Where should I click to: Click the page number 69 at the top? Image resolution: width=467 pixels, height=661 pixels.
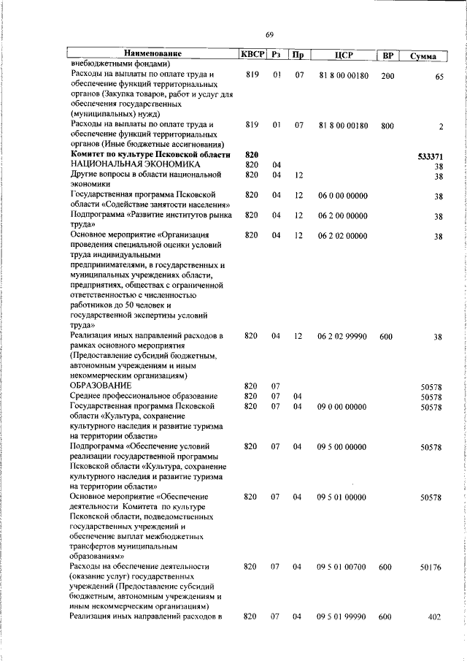(269, 34)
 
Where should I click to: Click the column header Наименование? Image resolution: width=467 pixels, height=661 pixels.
(152, 54)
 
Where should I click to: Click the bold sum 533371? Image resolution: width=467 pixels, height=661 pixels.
(430, 156)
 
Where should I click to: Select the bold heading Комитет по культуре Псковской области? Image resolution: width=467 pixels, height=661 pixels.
(150, 155)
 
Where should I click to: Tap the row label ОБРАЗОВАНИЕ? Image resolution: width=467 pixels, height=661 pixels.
(101, 385)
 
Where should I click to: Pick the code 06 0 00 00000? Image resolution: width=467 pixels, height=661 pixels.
(343, 196)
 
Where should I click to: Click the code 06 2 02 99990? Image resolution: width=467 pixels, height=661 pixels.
(343, 336)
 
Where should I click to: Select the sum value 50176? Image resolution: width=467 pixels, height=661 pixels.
(431, 567)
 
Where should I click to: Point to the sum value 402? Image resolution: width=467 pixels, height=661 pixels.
(435, 617)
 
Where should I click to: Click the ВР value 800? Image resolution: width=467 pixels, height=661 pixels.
(387, 126)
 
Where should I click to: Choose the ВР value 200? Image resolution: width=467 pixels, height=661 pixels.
(387, 75)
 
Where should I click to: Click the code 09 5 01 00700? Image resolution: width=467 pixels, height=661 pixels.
(343, 567)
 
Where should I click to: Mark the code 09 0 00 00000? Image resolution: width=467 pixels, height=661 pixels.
(343, 405)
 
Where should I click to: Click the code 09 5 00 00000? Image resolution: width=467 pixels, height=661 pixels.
(343, 446)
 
